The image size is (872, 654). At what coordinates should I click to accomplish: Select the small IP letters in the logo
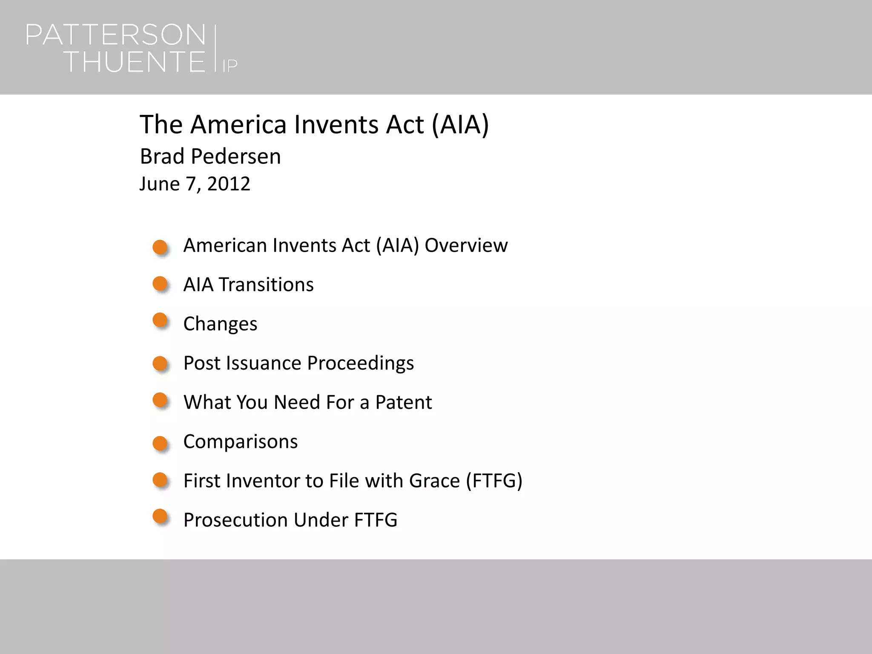tap(230, 66)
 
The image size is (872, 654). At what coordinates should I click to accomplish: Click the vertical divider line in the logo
tap(215, 49)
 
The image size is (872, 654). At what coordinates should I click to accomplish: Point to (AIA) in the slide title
tap(460, 124)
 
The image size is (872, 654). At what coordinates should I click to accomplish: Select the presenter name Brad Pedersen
tap(210, 156)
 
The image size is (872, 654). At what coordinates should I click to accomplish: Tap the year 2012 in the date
tap(229, 184)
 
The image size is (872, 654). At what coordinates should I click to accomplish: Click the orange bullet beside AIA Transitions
tap(160, 284)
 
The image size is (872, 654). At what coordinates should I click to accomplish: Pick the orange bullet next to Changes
tap(160, 320)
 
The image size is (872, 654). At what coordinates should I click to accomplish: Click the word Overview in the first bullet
tap(466, 245)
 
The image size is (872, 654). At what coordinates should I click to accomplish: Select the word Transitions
tap(266, 284)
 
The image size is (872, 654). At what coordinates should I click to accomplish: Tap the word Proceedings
tap(360, 363)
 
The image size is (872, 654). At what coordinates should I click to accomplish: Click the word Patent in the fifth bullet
tap(403, 402)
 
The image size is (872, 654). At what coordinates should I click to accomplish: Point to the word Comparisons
tap(241, 442)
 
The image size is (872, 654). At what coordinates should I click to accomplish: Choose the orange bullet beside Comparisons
tap(160, 443)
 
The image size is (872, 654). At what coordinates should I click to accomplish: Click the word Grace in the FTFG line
tap(434, 481)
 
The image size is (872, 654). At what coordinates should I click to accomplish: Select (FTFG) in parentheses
tap(494, 481)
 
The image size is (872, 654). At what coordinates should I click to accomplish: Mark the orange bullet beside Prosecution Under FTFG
tap(160, 516)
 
